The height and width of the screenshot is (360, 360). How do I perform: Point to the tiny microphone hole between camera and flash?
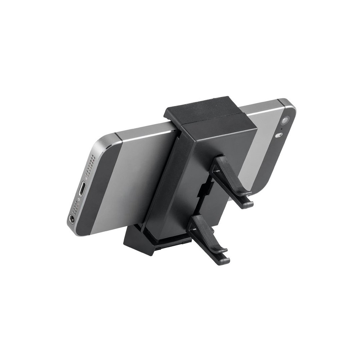[x=282, y=129]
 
